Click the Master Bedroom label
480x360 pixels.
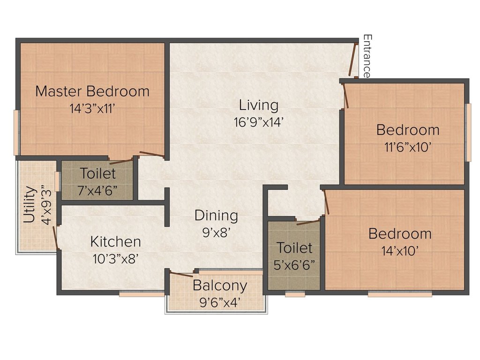(x=92, y=91)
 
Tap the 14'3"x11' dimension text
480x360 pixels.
(x=92, y=109)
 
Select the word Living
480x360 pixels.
(x=259, y=105)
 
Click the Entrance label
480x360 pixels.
(x=367, y=56)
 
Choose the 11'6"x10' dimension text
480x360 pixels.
(x=408, y=148)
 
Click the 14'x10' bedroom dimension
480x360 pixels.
(x=400, y=251)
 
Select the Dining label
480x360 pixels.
(x=216, y=216)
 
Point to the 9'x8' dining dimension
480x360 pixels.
(x=216, y=233)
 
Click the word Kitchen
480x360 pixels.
(x=116, y=242)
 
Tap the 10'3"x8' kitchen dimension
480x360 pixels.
(x=116, y=259)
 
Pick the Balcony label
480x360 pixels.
(x=220, y=286)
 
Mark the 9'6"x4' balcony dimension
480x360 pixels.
(x=219, y=303)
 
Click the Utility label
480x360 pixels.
(x=30, y=204)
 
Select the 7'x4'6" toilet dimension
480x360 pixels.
(x=97, y=191)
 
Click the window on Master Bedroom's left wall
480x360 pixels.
(x=16, y=133)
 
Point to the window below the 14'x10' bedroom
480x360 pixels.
(x=400, y=294)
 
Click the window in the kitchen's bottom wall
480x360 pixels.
(x=142, y=294)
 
